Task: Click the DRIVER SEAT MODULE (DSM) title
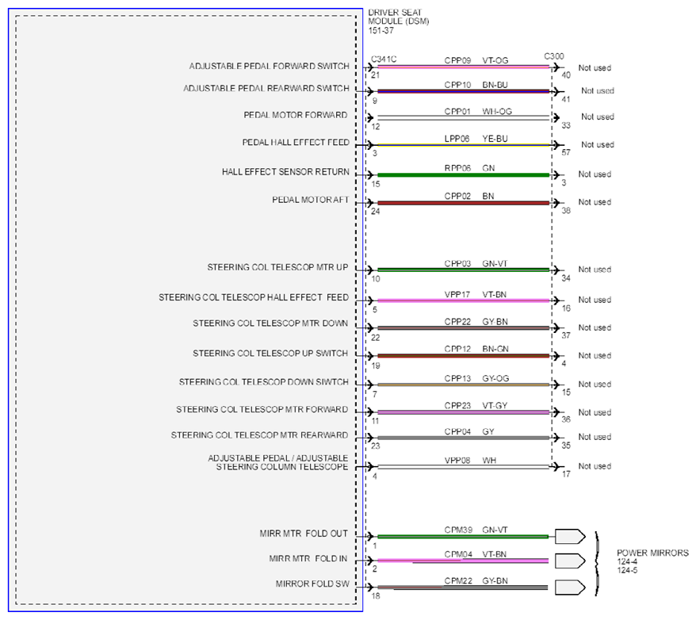point(398,21)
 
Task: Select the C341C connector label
point(384,59)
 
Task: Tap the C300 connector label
point(554,56)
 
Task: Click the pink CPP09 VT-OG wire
point(464,67)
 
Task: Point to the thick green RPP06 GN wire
point(464,175)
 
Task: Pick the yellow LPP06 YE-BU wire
point(464,144)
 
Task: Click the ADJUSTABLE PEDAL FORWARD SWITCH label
point(269,66)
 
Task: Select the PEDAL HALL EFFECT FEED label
point(296,143)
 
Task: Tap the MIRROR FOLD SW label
point(312,584)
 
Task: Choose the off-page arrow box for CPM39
point(570,537)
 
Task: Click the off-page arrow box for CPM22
point(570,587)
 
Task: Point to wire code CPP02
point(457,196)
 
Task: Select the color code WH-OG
point(497,112)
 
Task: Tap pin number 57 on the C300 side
point(566,152)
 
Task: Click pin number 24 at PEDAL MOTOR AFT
point(376,211)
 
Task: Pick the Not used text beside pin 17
point(595,466)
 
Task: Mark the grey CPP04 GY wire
point(464,438)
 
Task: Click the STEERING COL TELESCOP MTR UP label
point(278,267)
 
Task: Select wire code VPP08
point(457,460)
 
